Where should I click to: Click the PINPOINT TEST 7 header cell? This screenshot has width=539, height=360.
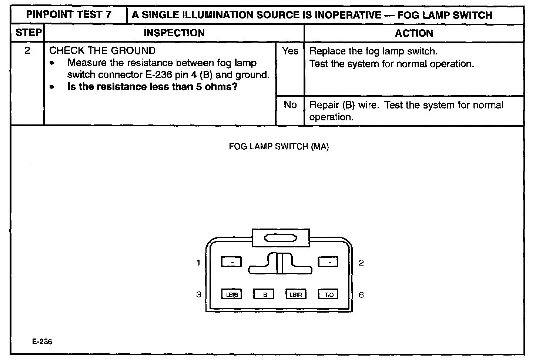(x=69, y=15)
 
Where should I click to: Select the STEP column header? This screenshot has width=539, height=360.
(x=28, y=33)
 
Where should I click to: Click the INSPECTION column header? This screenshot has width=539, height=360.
(x=174, y=33)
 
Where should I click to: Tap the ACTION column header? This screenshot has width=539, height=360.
(x=414, y=33)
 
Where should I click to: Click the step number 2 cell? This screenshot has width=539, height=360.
(x=27, y=51)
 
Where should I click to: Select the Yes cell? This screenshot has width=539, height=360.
(x=290, y=51)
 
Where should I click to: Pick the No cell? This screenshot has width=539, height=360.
(x=290, y=105)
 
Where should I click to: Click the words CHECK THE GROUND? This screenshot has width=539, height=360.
(x=102, y=51)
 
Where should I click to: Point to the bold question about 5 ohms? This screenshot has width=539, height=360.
(x=152, y=87)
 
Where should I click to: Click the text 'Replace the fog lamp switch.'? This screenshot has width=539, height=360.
(x=373, y=51)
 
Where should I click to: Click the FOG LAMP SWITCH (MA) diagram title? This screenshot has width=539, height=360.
(x=279, y=147)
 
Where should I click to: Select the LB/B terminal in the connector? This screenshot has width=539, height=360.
(x=231, y=294)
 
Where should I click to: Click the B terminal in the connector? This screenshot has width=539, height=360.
(x=264, y=294)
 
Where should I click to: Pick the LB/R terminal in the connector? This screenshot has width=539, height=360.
(x=296, y=294)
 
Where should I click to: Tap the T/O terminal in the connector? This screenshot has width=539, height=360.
(x=328, y=294)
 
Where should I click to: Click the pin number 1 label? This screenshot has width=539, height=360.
(x=198, y=263)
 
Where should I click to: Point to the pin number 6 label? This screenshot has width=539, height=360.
(x=361, y=295)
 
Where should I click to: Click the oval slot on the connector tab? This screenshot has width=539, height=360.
(x=280, y=239)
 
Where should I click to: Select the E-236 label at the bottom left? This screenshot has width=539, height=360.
(x=42, y=341)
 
